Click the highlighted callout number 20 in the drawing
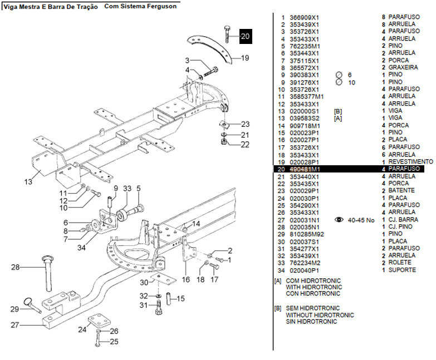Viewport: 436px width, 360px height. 246,37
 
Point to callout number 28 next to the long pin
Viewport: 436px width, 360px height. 15,268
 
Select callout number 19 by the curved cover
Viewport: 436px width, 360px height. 244,58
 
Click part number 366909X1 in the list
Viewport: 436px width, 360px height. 304,18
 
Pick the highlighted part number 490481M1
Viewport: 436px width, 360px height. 304,169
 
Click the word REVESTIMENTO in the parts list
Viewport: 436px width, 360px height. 411,161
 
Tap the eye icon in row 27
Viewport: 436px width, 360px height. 339,220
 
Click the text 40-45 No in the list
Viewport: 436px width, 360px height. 361,220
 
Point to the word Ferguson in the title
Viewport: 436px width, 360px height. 161,7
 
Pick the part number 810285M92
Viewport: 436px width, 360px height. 306,234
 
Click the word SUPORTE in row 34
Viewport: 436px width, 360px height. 402,270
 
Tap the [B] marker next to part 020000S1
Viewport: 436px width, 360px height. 337,111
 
